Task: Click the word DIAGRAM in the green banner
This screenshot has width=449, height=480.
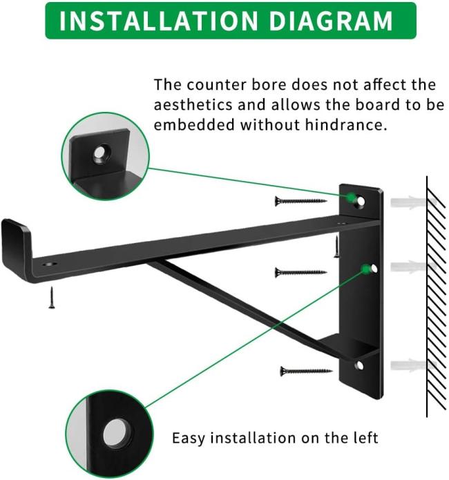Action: point(331,21)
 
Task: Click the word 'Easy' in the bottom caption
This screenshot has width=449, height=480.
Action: point(189,438)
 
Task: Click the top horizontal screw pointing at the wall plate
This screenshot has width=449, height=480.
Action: point(300,201)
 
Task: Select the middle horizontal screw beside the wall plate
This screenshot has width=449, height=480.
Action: point(300,272)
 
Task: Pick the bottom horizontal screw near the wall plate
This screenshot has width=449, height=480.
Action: point(306,372)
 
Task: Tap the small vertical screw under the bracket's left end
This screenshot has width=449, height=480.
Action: point(52,298)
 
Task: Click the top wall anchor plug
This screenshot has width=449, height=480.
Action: point(412,202)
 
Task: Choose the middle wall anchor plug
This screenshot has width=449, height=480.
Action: point(412,267)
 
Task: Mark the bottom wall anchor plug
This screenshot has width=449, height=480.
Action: point(412,365)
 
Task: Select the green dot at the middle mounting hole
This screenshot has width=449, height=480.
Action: point(365,269)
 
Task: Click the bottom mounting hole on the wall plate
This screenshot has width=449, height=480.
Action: point(360,365)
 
